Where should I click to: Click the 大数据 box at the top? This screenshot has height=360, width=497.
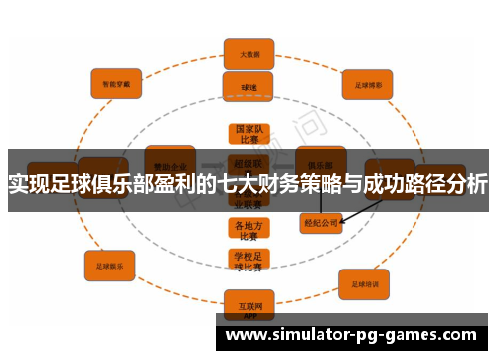pos(248,53)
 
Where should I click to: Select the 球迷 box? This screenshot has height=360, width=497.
pos(248,87)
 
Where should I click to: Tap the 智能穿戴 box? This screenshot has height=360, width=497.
pos(117,83)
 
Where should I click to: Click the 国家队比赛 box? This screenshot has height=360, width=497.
pos(248,135)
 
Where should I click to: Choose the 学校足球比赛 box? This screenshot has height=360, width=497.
pos(248,261)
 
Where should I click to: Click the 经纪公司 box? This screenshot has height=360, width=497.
pos(320,224)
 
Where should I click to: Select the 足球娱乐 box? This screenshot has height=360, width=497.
pos(110,266)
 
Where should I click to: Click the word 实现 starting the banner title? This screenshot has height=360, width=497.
pos(31,184)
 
